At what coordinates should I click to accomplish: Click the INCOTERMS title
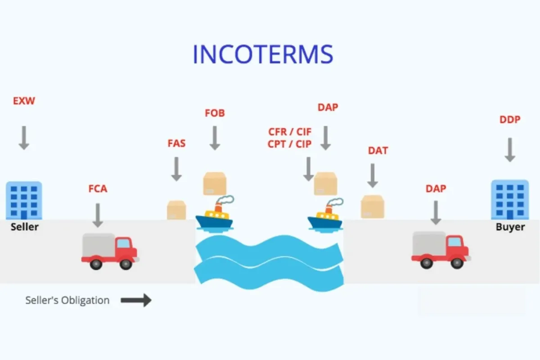pos(263,54)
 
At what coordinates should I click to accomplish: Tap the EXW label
pos(24,101)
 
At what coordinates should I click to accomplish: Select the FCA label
pos(98,189)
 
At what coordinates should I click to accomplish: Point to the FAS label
pos(176,144)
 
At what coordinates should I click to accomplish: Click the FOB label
pos(215,113)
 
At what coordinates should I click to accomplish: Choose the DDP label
pos(510,120)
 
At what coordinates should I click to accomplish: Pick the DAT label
pos(378,151)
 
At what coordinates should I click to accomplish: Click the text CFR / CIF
pos(290,132)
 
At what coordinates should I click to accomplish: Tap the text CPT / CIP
pos(290,144)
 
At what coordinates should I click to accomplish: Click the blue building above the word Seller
pos(24,200)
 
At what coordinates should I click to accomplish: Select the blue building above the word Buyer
pos(509,200)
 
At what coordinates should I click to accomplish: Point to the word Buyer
pos(510,227)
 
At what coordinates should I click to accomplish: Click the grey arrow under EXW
pos(24,137)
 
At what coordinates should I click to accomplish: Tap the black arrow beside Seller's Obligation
pos(136,300)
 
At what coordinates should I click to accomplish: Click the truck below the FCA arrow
pos(109,252)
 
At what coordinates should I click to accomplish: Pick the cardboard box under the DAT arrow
pos(373,207)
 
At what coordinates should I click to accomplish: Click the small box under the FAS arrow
pos(176,210)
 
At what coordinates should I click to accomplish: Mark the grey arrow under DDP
pos(510,149)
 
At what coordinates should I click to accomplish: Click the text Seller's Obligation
pos(67,300)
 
